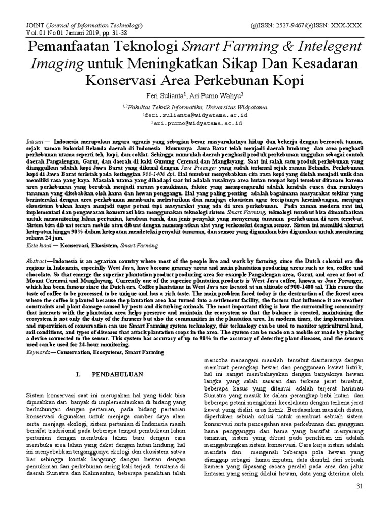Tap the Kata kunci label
[39, 245]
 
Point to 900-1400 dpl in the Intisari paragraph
[176, 172]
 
